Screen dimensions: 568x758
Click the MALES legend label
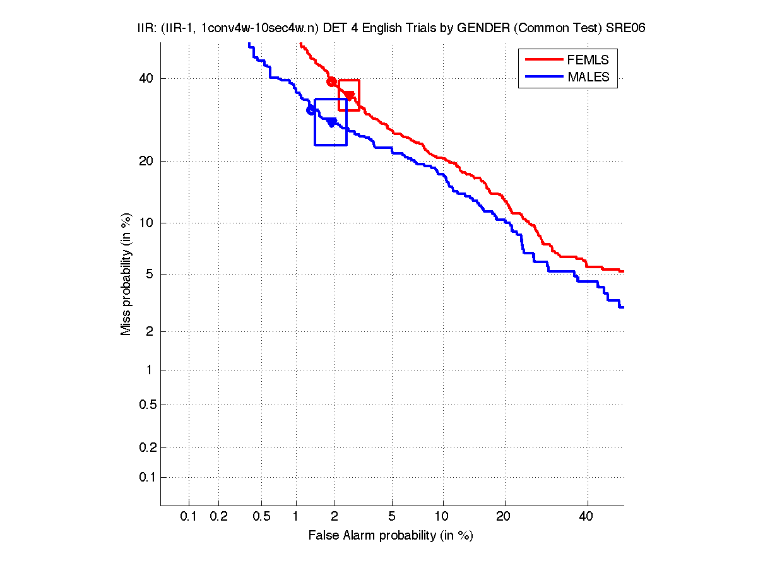pyautogui.click(x=588, y=77)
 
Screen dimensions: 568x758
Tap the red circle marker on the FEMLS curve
pyautogui.click(x=331, y=81)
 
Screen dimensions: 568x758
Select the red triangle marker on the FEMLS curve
pyautogui.click(x=349, y=96)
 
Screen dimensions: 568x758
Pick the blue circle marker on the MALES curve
pyautogui.click(x=311, y=110)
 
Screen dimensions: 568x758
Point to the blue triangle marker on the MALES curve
pyautogui.click(x=331, y=122)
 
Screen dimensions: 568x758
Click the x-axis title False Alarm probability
pyautogui.click(x=391, y=536)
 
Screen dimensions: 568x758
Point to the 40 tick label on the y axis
pyautogui.click(x=147, y=79)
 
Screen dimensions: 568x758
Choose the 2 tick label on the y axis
pyautogui.click(x=150, y=332)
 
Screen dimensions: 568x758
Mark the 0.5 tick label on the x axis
pyautogui.click(x=261, y=517)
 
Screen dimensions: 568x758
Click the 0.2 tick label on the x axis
pyautogui.click(x=218, y=517)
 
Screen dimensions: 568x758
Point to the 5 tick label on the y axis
pyautogui.click(x=150, y=275)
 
